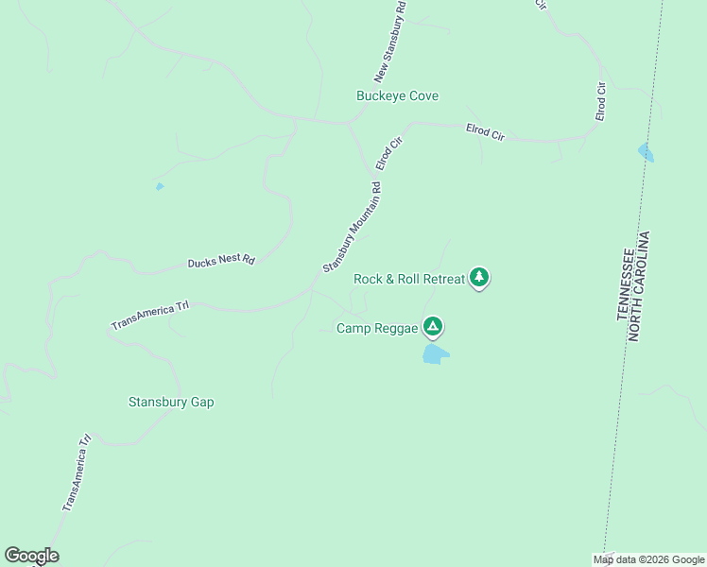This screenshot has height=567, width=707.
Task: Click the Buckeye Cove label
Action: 397,96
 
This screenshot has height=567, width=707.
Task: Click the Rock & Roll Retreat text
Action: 409,279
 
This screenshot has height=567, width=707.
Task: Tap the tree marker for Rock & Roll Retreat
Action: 480,277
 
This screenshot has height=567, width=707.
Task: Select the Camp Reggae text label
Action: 375,328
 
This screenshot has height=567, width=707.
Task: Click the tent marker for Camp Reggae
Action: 433,327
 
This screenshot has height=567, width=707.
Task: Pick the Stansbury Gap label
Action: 171,402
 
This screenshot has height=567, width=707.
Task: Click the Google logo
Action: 31,556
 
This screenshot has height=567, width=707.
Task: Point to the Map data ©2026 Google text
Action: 648,559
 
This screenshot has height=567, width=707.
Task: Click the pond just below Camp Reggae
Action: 435,354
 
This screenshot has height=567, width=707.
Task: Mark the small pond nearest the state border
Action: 646,151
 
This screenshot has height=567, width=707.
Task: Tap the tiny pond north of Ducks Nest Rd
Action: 160,186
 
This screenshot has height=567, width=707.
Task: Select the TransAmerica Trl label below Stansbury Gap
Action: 77,473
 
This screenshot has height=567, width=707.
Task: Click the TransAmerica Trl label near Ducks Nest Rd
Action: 151,316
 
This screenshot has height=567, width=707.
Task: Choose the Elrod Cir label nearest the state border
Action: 600,101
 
